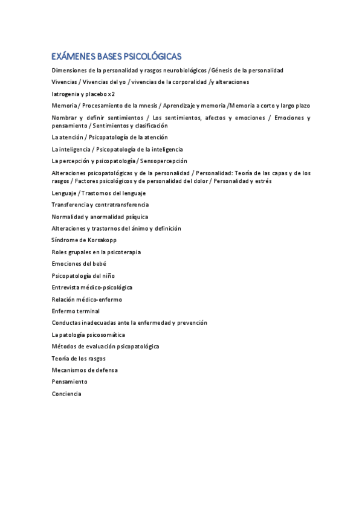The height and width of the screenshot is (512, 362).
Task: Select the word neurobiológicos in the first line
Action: (178, 71)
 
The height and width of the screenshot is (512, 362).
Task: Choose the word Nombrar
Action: (65, 118)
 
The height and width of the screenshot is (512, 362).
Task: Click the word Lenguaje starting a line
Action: (65, 193)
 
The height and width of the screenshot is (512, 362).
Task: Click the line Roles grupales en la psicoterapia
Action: (96, 252)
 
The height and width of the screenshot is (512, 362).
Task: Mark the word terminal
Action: (88, 311)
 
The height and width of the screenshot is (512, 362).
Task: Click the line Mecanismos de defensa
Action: (85, 370)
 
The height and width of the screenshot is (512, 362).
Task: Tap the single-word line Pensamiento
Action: (69, 382)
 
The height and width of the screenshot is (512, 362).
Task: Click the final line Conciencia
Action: (66, 394)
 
